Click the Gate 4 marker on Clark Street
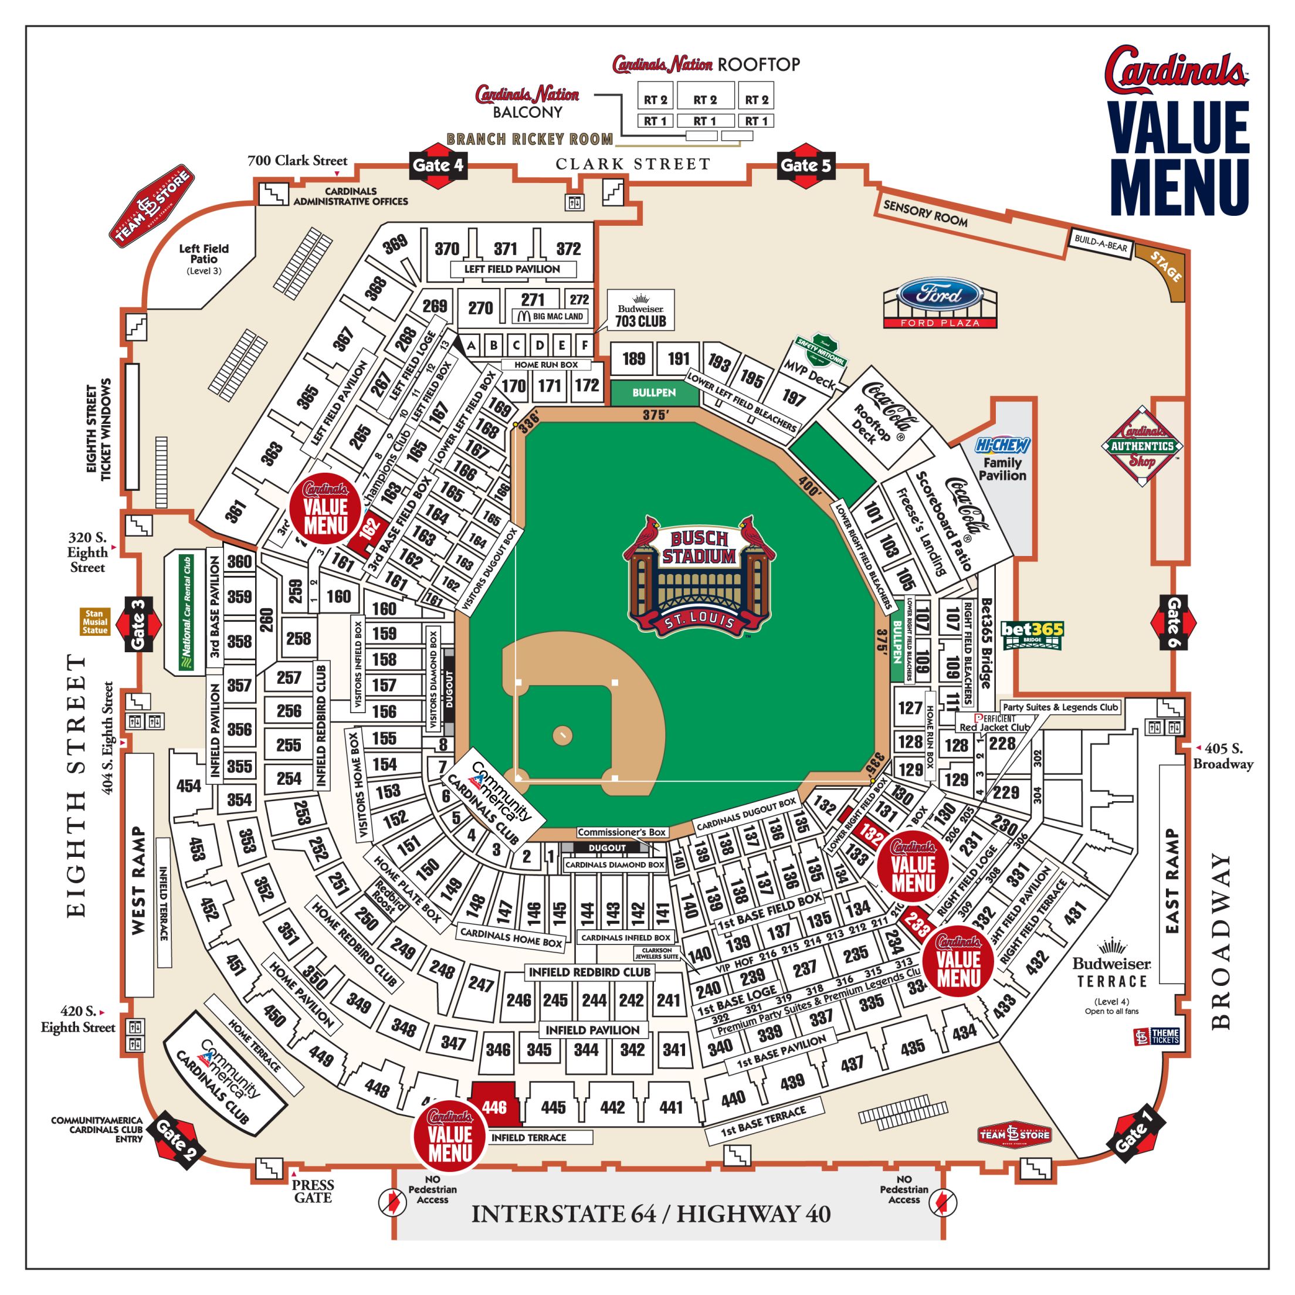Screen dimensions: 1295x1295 coord(437,165)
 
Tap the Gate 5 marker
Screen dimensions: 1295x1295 coord(806,165)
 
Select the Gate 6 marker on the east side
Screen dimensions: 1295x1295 coord(1174,623)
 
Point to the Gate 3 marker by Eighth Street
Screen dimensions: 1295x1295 coord(138,624)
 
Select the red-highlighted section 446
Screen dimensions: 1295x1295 coord(494,1107)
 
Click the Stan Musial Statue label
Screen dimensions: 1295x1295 coord(94,621)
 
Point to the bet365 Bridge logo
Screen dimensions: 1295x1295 coord(1032,634)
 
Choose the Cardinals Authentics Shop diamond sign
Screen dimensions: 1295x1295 coord(1142,446)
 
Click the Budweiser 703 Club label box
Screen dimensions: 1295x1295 coord(640,310)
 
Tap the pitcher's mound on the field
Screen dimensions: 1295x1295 coord(562,735)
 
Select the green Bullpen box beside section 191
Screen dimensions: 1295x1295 coord(653,392)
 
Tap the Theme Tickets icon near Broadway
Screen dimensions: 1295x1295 coord(1156,1036)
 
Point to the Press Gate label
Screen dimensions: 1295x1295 coord(313,1191)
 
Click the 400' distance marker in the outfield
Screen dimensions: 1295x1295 coord(810,486)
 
